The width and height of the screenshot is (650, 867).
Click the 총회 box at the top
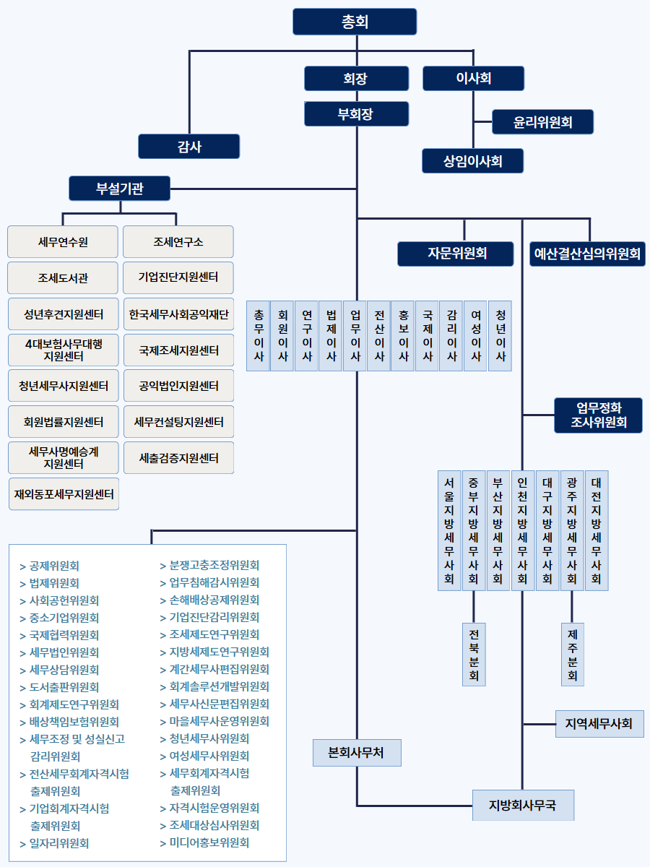click(x=355, y=22)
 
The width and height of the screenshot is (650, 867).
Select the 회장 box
click(x=357, y=78)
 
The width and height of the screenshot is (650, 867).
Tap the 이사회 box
click(x=473, y=78)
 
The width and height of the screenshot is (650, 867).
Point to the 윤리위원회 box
click(x=542, y=122)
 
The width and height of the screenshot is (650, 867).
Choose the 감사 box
click(x=189, y=146)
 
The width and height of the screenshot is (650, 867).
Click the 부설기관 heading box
click(x=120, y=189)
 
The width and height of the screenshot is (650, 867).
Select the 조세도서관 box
click(x=63, y=277)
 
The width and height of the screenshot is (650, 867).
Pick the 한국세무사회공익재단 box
click(x=178, y=314)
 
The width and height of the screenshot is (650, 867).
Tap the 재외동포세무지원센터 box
click(x=64, y=494)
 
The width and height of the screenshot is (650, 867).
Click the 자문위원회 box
click(x=456, y=254)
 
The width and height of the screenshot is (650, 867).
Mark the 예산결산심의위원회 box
click(x=587, y=254)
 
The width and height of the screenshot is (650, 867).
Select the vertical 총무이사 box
click(x=258, y=336)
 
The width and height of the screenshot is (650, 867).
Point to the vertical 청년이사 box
click(x=500, y=336)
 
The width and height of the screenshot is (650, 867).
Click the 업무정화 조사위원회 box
click(x=598, y=415)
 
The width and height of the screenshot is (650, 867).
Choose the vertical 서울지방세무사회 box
click(x=449, y=531)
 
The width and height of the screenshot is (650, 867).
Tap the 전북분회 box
click(x=473, y=654)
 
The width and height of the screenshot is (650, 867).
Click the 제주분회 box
click(x=572, y=654)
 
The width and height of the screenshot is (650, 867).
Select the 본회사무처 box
click(x=356, y=753)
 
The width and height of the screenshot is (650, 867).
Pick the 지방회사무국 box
click(x=523, y=805)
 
